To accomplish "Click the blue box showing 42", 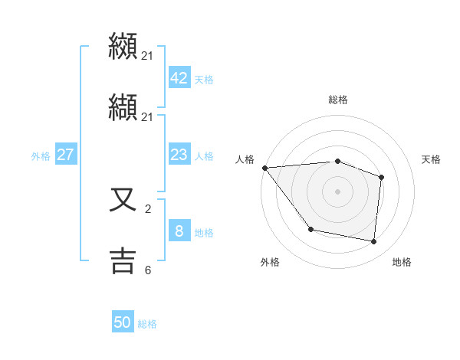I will pyautogui.click(x=179, y=78).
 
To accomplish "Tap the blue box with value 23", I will pyautogui.click(x=179, y=155).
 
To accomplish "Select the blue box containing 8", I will pyautogui.click(x=179, y=231).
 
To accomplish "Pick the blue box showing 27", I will pyautogui.click(x=65, y=155).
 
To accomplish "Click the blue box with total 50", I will pyautogui.click(x=123, y=322).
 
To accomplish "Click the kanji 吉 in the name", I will pyautogui.click(x=123, y=260).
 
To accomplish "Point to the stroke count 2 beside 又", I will pyautogui.click(x=148, y=208).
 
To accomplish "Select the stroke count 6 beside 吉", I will pyautogui.click(x=148, y=270).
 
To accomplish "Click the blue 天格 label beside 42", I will pyautogui.click(x=204, y=80).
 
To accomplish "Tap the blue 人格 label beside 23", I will pyautogui.click(x=204, y=156).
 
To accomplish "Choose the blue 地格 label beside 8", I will pyautogui.click(x=204, y=233).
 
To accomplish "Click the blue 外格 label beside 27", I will pyautogui.click(x=41, y=156).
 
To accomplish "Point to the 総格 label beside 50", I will pyautogui.click(x=147, y=324).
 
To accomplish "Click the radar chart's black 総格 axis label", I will pyautogui.click(x=338, y=100).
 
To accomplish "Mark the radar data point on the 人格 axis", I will pyautogui.click(x=264, y=168).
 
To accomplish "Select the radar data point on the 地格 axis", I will pyautogui.click(x=374, y=241).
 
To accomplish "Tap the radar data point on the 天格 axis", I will pyautogui.click(x=381, y=177).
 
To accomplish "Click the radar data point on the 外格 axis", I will pyautogui.click(x=310, y=229).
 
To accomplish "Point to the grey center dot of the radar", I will pyautogui.click(x=338, y=191).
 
